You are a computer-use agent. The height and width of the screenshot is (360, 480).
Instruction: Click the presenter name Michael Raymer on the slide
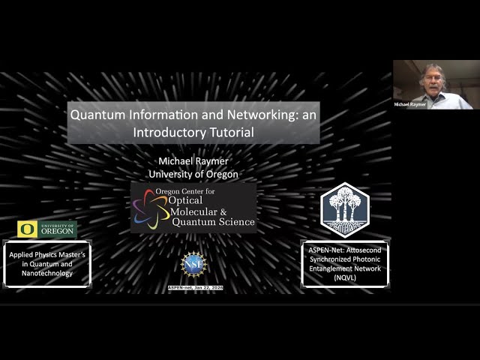pos(193,161)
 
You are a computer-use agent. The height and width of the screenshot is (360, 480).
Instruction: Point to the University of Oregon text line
pos(193,174)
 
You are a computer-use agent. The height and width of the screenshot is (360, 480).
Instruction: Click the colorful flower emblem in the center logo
pos(151,208)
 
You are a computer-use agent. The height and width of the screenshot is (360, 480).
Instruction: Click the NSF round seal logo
pos(193,264)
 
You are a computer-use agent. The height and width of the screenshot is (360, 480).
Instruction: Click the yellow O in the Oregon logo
pos(26,229)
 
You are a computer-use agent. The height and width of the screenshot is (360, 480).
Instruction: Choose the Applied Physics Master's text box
pos(47,264)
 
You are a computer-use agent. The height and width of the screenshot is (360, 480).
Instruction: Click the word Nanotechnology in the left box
pos(47,273)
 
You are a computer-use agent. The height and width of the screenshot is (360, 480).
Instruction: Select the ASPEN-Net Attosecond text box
pos(345,263)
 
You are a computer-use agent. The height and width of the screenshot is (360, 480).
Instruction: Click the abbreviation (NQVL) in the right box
pos(345,277)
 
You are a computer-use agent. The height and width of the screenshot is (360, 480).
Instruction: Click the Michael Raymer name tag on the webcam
pos(410,104)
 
